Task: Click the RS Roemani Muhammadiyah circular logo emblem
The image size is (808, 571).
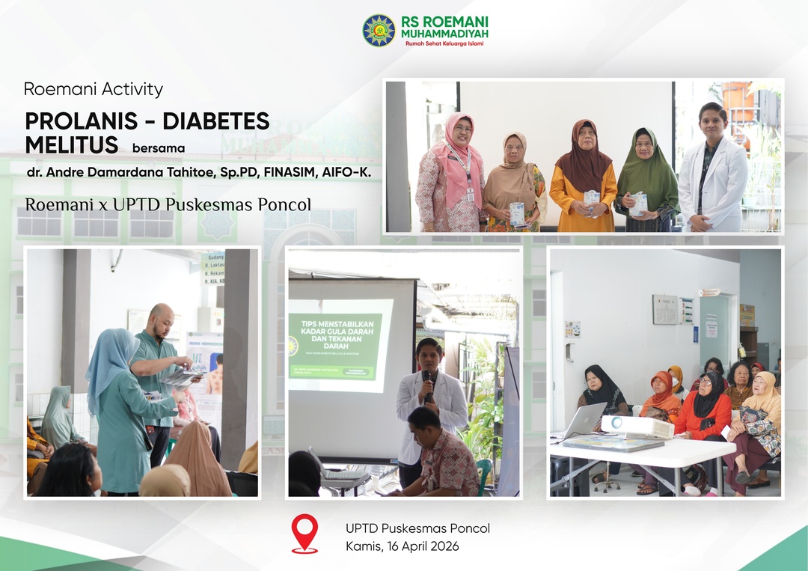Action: (x=379, y=31)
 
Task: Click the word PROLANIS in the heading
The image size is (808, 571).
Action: (x=79, y=121)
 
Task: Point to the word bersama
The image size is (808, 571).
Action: (x=158, y=147)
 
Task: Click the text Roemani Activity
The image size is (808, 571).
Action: (x=94, y=89)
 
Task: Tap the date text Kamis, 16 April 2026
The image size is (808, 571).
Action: (x=403, y=546)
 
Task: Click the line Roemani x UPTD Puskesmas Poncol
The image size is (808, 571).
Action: (x=168, y=204)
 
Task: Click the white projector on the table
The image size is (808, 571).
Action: (x=637, y=427)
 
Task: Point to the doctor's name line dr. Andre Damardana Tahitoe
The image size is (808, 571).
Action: (x=198, y=172)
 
